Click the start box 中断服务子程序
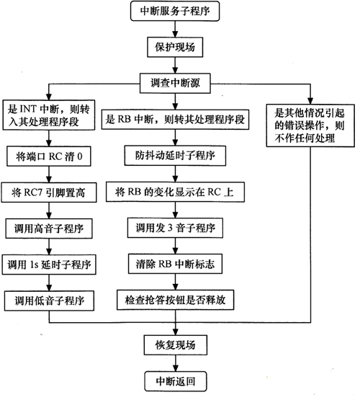(175, 11)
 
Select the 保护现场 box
(175, 47)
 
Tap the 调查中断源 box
(175, 83)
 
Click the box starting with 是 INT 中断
(49, 115)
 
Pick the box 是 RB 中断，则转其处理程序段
(175, 120)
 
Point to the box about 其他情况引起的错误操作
(310, 125)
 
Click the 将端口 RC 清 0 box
(49, 156)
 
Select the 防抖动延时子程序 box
(175, 156)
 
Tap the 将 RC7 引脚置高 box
(49, 192)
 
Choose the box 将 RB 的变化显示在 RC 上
(175, 192)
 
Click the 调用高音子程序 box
(49, 228)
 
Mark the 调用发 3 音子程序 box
(175, 228)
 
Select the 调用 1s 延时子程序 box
(49, 265)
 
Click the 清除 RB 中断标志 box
(175, 264)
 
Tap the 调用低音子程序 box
(49, 301)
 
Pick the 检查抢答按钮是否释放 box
(175, 300)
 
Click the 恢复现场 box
(176, 345)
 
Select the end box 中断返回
(176, 381)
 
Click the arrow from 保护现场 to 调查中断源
(175, 66)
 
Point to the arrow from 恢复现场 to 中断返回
(176, 363)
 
